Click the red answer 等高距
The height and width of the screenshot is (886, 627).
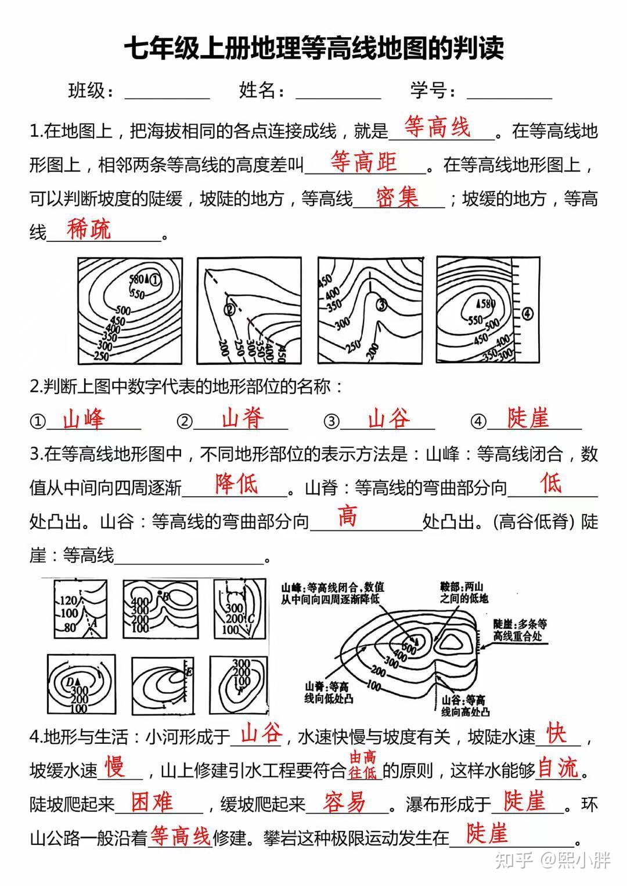click(363, 162)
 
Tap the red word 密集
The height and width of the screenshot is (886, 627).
click(397, 197)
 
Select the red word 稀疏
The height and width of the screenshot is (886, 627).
click(89, 230)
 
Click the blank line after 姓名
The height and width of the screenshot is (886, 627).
click(338, 93)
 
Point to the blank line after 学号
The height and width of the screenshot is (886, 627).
click(509, 93)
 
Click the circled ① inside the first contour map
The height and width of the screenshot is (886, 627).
click(155, 280)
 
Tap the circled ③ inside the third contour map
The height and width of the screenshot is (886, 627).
click(381, 303)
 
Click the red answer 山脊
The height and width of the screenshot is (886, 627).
click(243, 418)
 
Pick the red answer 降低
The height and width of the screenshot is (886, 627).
click(236, 483)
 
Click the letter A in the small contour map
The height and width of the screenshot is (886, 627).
click(91, 622)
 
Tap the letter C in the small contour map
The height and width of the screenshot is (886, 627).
click(251, 619)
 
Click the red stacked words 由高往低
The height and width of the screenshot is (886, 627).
click(363, 765)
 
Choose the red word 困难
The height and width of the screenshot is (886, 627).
click(152, 802)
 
